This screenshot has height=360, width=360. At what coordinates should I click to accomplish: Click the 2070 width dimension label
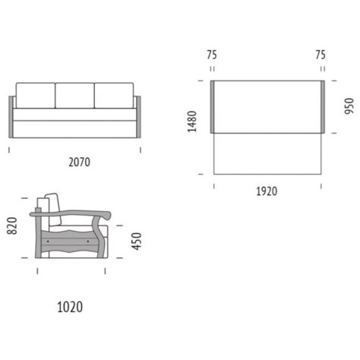pyautogui.click(x=79, y=162)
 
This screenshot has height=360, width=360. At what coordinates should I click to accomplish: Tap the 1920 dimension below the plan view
pyautogui.click(x=267, y=191)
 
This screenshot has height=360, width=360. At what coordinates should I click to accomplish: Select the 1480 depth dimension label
pyautogui.click(x=192, y=122)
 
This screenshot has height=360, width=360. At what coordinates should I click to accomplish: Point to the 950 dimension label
pyautogui.click(x=349, y=106)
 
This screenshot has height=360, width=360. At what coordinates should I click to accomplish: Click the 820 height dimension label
pyautogui.click(x=12, y=226)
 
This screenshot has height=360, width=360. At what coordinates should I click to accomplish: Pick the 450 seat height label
pyautogui.click(x=137, y=242)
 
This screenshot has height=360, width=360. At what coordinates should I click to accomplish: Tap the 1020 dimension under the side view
pyautogui.click(x=70, y=307)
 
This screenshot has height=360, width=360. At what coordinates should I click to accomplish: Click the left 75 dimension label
pyautogui.click(x=212, y=55)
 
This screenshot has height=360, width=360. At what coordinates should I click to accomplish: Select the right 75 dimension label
pyautogui.click(x=321, y=55)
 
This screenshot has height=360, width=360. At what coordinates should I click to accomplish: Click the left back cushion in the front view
pyautogui.click(x=36, y=96)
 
